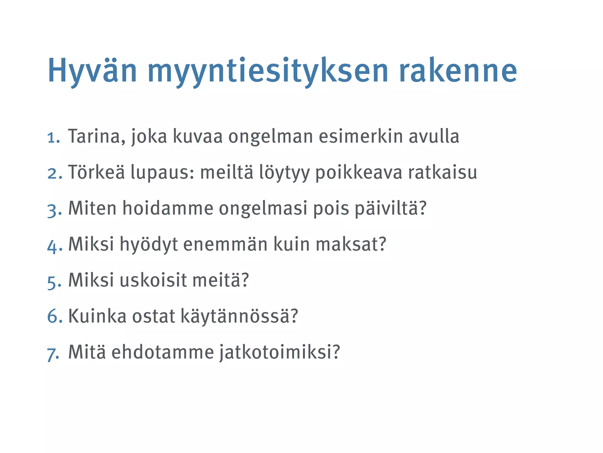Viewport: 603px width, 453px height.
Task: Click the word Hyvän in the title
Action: tap(92, 71)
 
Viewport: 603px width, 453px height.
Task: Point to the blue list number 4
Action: tap(54, 246)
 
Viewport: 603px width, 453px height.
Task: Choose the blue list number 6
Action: tap(54, 316)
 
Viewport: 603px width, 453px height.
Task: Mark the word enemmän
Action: tap(225, 244)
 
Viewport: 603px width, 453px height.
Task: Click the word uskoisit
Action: tap(153, 280)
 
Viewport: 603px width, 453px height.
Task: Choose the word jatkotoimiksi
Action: tap(280, 352)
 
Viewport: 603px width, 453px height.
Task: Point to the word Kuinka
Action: tap(97, 316)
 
